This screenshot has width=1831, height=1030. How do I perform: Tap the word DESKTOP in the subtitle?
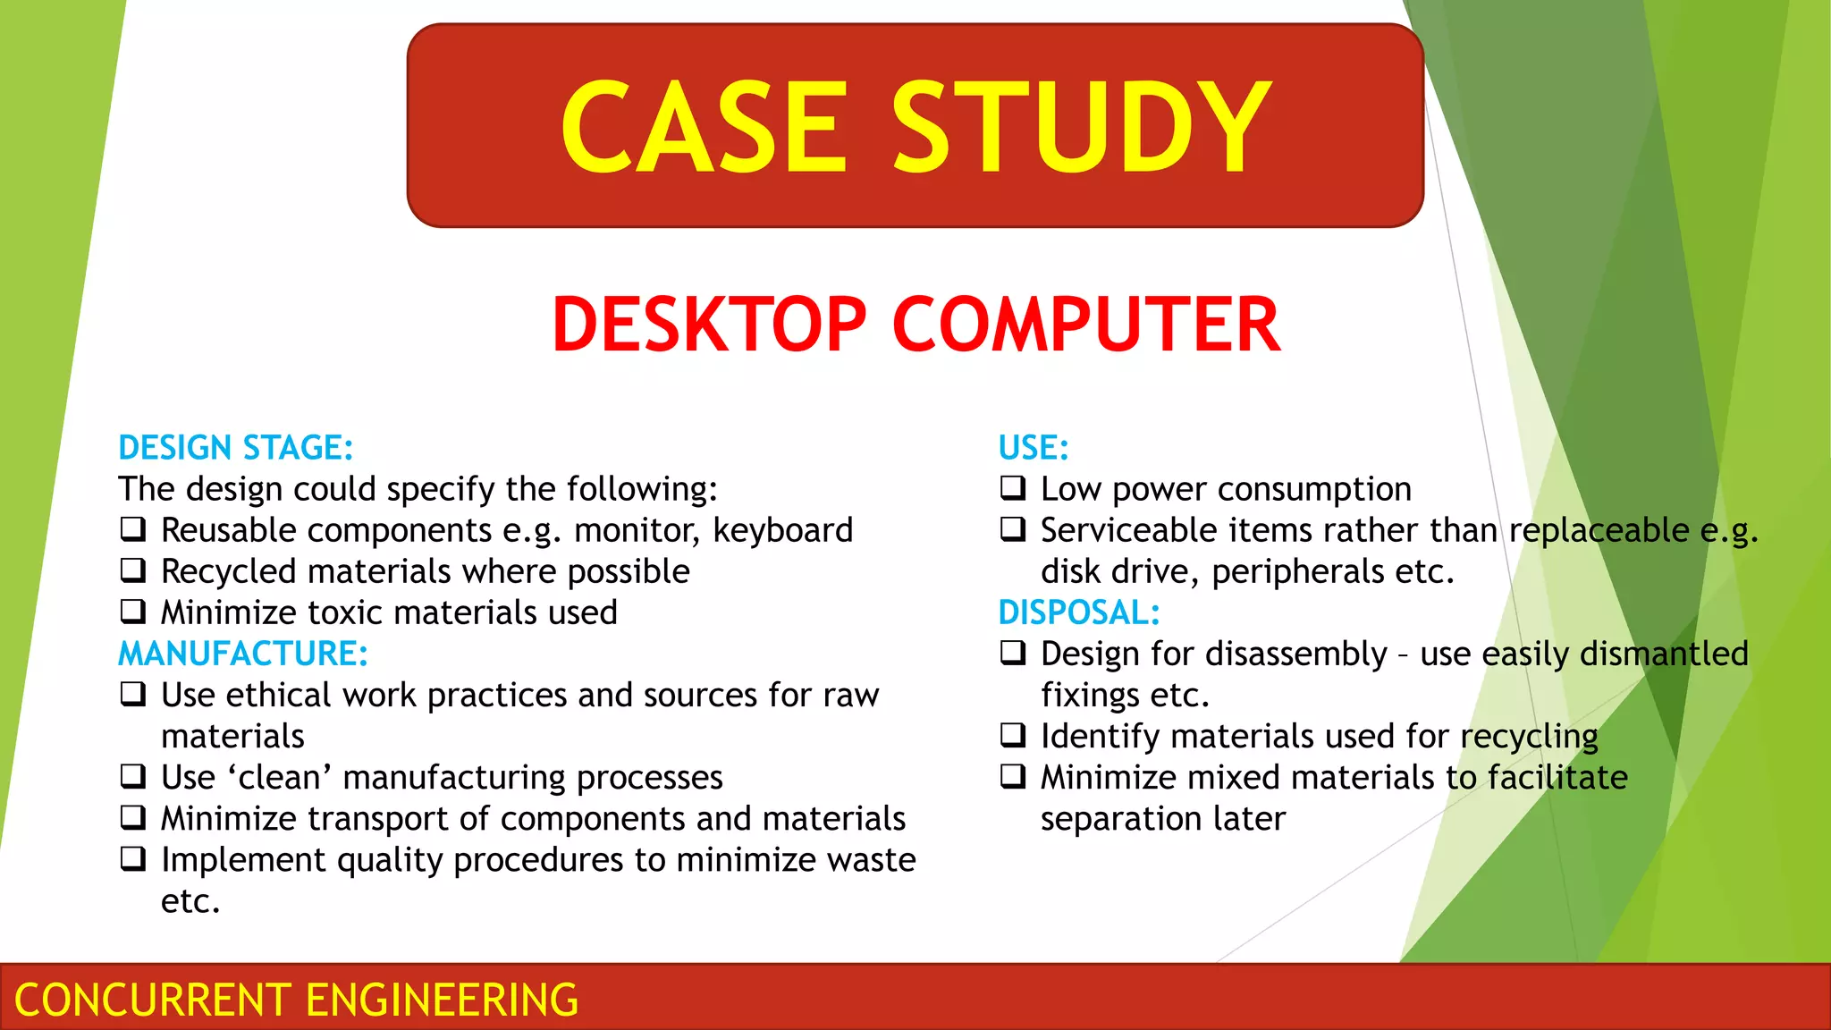[709, 325]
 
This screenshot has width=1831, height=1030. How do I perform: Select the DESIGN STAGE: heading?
[236, 448]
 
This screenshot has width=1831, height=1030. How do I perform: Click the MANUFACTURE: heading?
[243, 654]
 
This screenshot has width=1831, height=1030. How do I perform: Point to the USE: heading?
[1034, 448]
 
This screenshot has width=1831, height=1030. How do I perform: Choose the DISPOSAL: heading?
[1079, 612]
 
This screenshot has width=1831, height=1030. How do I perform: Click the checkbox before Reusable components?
[133, 529]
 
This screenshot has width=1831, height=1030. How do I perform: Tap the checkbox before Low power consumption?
[1013, 488]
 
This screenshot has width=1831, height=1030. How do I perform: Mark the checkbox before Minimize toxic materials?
[133, 612]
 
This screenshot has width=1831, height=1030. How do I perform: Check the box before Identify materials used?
[1013, 735]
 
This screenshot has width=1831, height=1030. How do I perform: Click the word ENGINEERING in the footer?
[443, 1000]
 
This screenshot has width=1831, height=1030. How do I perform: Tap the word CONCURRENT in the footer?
[153, 1000]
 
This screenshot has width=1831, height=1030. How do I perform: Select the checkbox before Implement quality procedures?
[133, 859]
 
